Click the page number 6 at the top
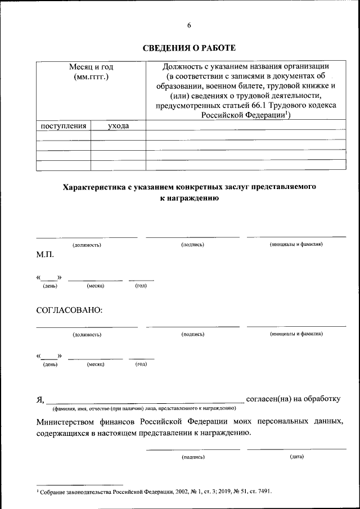click(189, 25)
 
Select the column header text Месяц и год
click(91, 66)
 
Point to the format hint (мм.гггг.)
click(91, 76)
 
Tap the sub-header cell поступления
click(64, 126)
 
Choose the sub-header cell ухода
click(118, 126)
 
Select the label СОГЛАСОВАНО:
click(69, 309)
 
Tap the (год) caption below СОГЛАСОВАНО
click(141, 364)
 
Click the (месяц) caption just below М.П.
click(96, 286)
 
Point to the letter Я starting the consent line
click(40, 399)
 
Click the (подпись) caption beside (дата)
click(193, 457)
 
